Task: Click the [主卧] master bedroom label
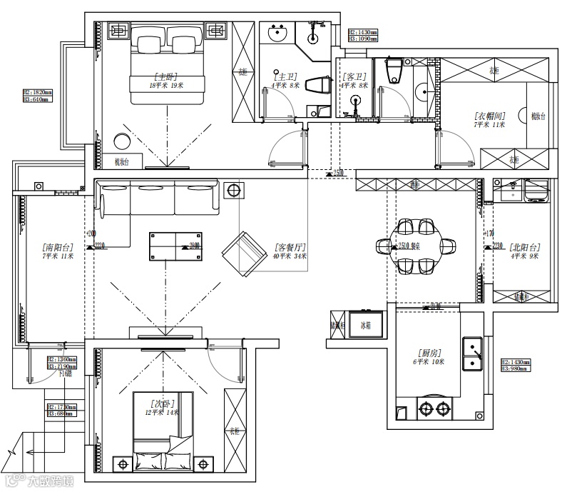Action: [167, 76]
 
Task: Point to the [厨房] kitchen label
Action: [429, 353]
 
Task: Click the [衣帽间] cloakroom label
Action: [489, 115]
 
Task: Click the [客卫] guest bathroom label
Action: [354, 76]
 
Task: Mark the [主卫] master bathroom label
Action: [286, 76]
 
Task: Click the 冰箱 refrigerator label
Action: [365, 326]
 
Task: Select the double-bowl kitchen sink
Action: [473, 355]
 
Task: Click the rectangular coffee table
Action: [175, 246]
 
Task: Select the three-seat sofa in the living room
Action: [159, 199]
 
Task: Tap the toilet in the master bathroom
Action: [319, 85]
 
